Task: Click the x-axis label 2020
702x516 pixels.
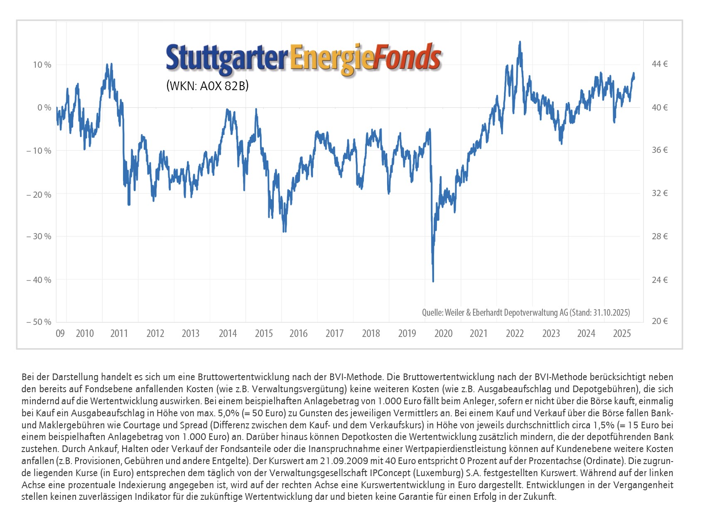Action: click(443, 334)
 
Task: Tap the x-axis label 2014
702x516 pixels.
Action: click(228, 334)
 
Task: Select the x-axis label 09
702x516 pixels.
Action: click(60, 334)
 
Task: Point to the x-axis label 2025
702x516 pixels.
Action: click(622, 334)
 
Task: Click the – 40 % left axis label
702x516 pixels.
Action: click(39, 280)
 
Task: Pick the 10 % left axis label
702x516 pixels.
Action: click(42, 65)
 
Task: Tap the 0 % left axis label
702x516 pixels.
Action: click(44, 108)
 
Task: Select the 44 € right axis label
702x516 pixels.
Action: click(660, 64)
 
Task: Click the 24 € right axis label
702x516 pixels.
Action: click(660, 280)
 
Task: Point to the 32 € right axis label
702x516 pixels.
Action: click(660, 193)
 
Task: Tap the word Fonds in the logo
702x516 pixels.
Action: click(407, 58)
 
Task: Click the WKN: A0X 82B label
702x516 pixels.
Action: click(207, 86)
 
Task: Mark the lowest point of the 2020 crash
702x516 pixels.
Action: click(433, 281)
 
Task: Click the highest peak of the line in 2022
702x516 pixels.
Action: click(520, 42)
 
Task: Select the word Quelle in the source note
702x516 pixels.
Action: click(432, 312)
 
